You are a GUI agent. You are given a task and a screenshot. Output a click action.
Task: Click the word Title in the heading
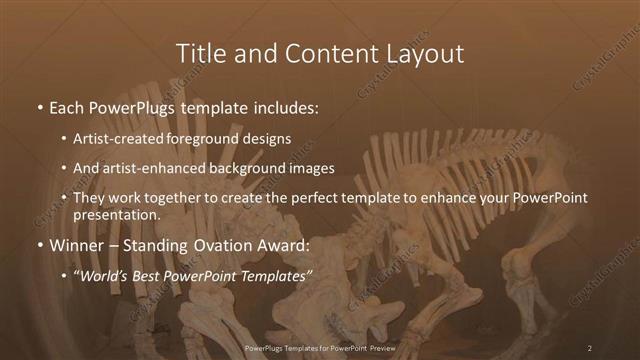(198, 52)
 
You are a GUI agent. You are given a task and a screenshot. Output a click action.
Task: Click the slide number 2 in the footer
(590, 347)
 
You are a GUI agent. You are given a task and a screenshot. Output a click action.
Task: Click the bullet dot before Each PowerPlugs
(39, 106)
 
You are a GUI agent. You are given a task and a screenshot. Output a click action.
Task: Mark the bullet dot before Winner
(39, 244)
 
